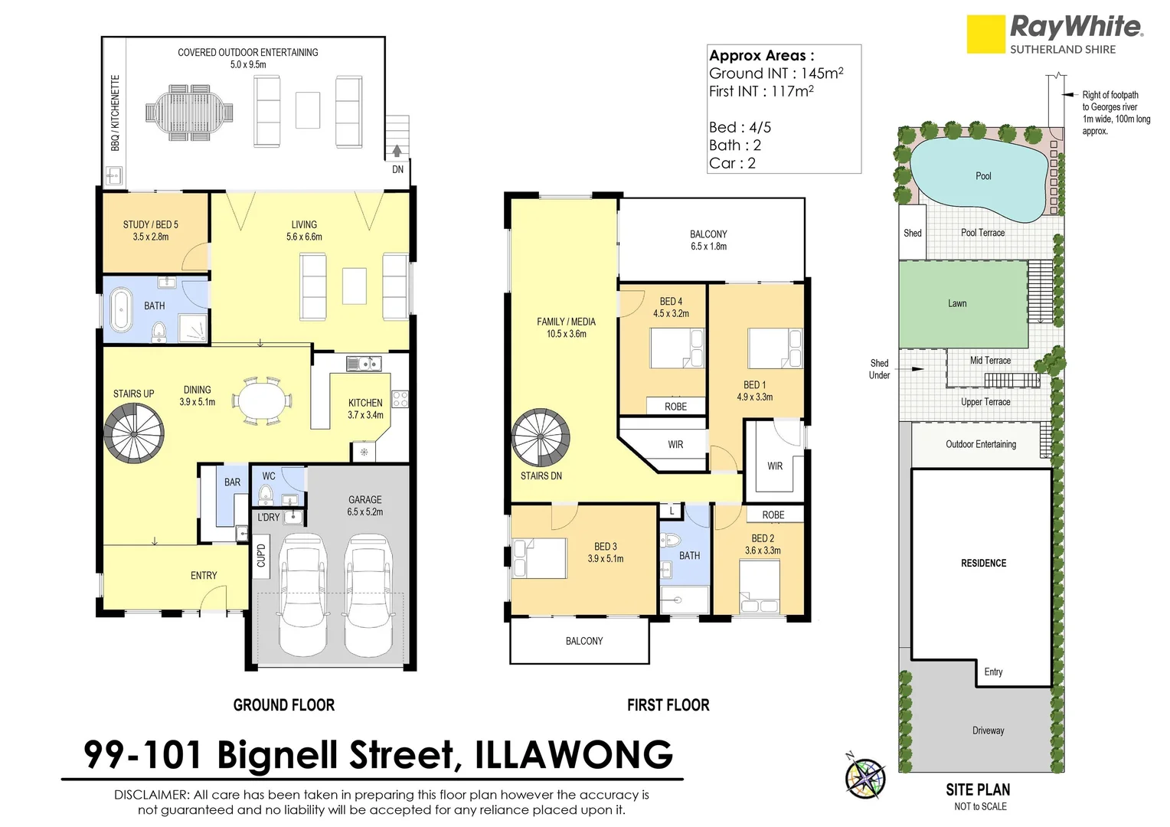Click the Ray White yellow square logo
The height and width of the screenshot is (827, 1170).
[x=985, y=34]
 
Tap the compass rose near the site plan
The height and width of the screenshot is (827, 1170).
[x=865, y=778]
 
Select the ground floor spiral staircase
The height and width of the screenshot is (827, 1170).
[x=134, y=433]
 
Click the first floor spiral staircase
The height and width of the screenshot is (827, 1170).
[x=541, y=439]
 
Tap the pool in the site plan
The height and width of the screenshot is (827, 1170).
[x=978, y=177]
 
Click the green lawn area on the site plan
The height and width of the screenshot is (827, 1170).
[x=962, y=304]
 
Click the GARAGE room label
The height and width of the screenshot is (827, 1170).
[x=364, y=499]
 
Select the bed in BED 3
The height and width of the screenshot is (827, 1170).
[x=540, y=557]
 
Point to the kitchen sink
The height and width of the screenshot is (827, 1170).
[x=364, y=363]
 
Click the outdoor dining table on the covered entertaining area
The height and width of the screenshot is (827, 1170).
[x=189, y=113]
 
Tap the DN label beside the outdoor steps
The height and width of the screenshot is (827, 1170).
[x=397, y=169]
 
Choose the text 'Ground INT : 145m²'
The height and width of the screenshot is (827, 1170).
[x=776, y=74]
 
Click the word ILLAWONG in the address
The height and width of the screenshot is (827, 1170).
[x=574, y=755]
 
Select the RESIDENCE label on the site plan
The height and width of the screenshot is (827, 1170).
[x=983, y=564]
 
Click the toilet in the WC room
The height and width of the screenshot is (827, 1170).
[x=265, y=495]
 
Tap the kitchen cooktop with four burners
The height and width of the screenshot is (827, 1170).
[x=400, y=399]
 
